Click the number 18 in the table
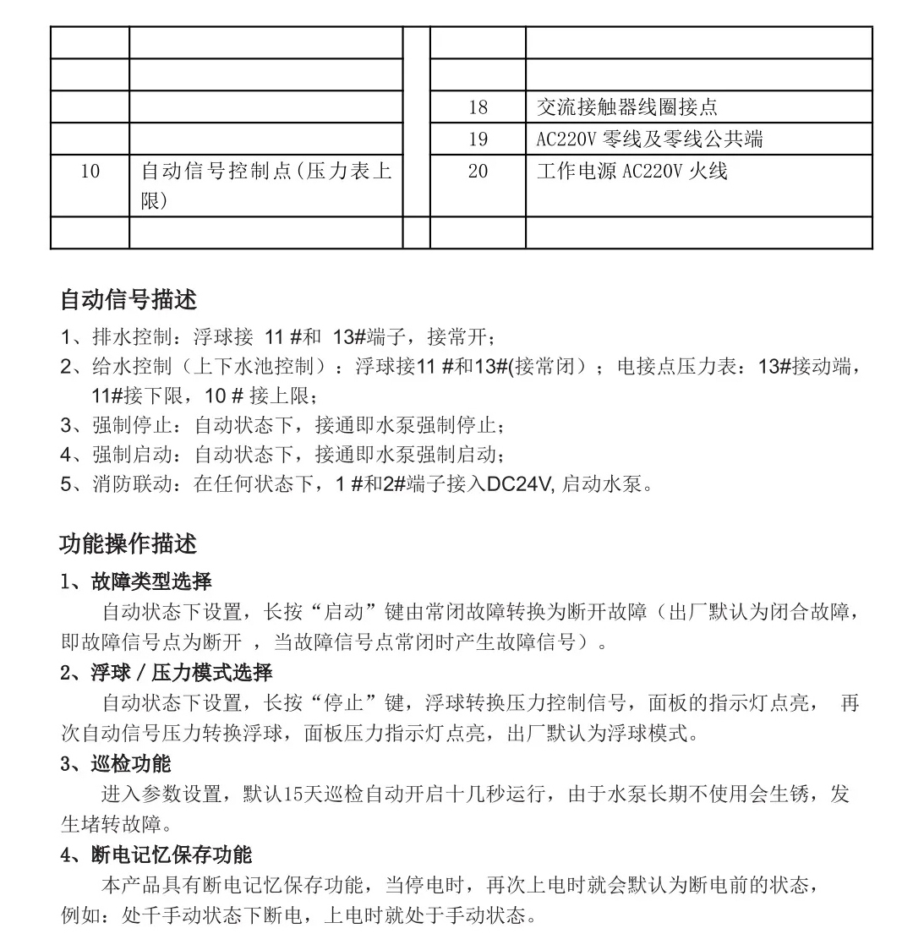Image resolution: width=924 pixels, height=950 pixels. [x=478, y=107]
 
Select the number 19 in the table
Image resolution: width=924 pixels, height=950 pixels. [x=478, y=139]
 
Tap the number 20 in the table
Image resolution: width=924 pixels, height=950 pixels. [x=478, y=172]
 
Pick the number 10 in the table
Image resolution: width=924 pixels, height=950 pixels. [x=90, y=172]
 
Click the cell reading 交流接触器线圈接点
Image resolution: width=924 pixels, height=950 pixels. [x=627, y=107]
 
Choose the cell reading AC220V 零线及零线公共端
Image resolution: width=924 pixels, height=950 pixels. [x=649, y=139]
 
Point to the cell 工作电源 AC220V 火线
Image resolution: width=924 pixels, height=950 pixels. [x=631, y=172]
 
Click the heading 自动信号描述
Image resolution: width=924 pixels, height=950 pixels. [x=128, y=299]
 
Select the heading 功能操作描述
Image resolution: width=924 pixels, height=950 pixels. [x=128, y=543]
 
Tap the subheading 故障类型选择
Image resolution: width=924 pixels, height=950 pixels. [x=151, y=581]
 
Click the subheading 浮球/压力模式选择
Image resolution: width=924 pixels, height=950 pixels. [x=181, y=673]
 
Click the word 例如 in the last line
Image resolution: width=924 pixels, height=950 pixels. [x=81, y=915]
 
